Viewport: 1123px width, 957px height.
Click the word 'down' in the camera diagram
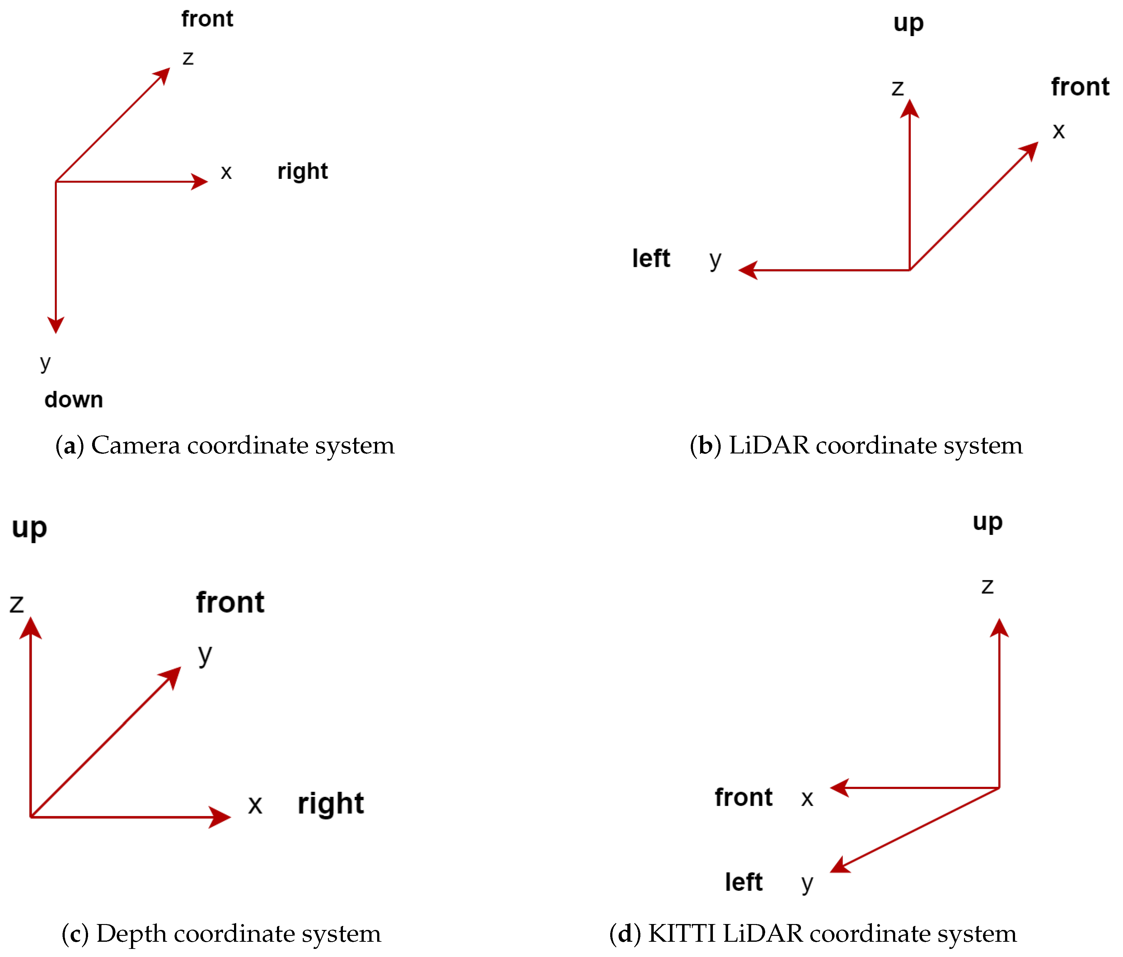[74, 400]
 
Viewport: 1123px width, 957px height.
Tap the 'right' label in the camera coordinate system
[302, 172]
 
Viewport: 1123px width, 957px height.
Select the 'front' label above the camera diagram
[207, 19]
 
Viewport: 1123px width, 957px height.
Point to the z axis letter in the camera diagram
[188, 58]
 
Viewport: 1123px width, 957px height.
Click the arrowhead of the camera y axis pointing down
[56, 325]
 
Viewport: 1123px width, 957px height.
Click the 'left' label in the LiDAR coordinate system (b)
[651, 258]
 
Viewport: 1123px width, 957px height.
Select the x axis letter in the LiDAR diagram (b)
[1059, 131]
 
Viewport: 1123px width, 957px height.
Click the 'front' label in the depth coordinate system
[230, 602]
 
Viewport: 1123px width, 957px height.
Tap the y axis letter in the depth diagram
[205, 654]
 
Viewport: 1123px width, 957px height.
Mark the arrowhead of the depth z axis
[31, 628]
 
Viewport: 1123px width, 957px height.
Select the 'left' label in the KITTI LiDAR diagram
[744, 882]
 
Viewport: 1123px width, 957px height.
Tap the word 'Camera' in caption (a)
[135, 446]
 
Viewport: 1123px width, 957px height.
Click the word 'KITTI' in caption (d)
[681, 934]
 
